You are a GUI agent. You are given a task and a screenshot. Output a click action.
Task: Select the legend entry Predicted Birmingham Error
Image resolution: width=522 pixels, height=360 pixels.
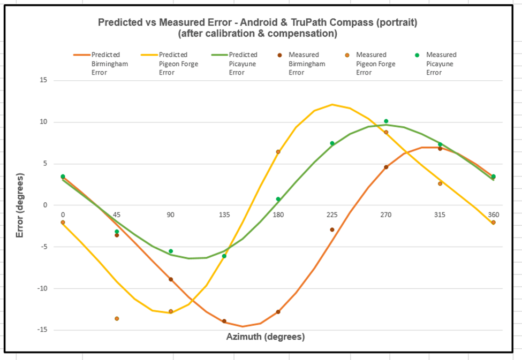105,63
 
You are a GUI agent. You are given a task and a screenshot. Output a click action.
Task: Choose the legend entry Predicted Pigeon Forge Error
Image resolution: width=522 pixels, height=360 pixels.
173,63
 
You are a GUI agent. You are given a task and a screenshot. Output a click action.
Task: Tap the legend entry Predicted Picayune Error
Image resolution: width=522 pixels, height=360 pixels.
243,63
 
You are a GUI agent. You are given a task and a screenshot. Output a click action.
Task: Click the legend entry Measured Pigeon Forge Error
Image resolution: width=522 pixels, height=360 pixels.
375,63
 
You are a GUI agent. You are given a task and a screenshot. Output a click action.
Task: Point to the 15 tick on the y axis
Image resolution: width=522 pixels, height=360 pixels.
43,80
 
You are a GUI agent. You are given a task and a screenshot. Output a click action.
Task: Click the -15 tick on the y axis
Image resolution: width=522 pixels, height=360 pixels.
41,330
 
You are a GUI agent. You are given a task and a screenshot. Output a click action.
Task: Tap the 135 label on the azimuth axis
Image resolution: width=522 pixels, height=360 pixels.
224,215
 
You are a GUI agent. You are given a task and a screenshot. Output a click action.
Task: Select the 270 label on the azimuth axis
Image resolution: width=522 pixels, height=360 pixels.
385,215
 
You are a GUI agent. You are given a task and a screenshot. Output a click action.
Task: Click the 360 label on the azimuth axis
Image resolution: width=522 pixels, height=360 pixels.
493,215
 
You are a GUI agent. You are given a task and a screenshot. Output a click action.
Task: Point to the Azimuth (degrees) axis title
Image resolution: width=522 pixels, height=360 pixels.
266,337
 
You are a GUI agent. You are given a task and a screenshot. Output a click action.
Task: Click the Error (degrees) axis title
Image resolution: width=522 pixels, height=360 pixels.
20,205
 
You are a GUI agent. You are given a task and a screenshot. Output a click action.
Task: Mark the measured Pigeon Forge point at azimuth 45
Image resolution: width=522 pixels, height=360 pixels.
117,319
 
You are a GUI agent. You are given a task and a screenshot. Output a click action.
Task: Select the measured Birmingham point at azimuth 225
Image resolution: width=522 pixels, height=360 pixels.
332,229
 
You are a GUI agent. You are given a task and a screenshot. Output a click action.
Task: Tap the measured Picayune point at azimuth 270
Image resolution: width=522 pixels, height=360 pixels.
386,121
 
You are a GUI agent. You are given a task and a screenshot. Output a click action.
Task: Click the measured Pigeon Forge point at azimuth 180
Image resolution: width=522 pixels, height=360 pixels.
278,152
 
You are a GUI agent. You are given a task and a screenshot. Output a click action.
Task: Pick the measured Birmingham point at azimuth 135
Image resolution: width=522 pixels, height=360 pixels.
224,321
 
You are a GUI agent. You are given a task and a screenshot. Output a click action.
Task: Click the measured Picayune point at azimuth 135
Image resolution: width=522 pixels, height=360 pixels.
224,256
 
